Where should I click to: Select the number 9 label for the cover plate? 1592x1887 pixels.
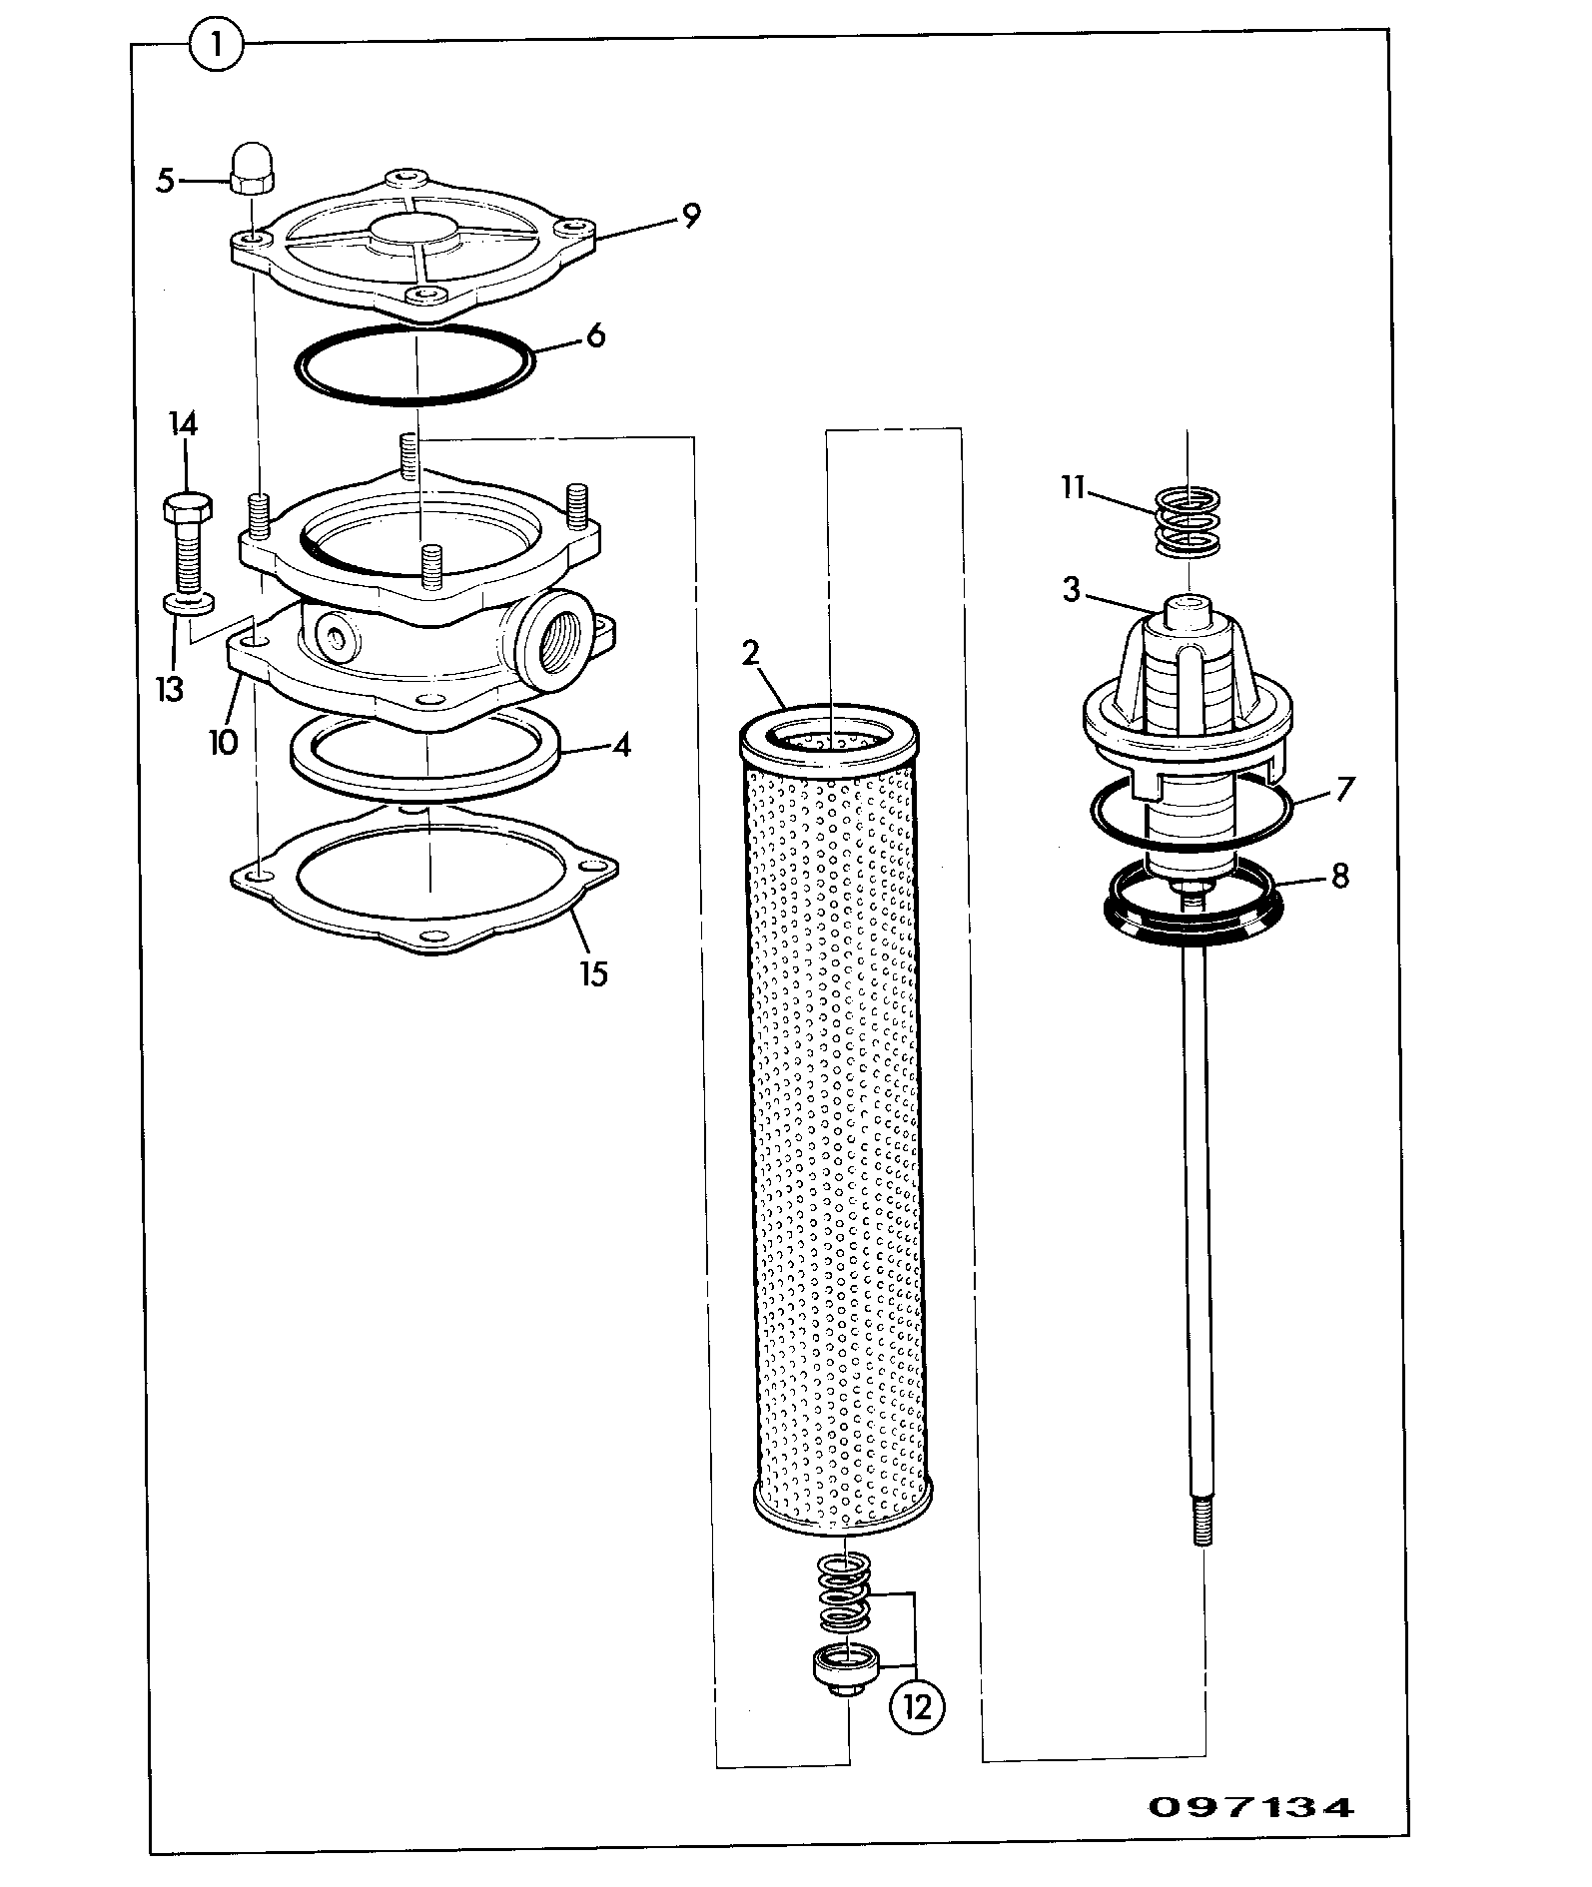tap(691, 216)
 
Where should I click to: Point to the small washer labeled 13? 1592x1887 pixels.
tap(188, 603)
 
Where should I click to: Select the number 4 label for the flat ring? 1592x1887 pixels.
tap(621, 745)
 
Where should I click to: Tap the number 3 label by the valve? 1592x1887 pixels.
tap(1072, 590)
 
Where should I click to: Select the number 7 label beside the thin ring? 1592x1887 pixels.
tap(1345, 789)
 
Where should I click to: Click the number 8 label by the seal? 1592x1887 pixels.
tap(1339, 876)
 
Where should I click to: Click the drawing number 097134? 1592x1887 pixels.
tap(1250, 1807)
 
